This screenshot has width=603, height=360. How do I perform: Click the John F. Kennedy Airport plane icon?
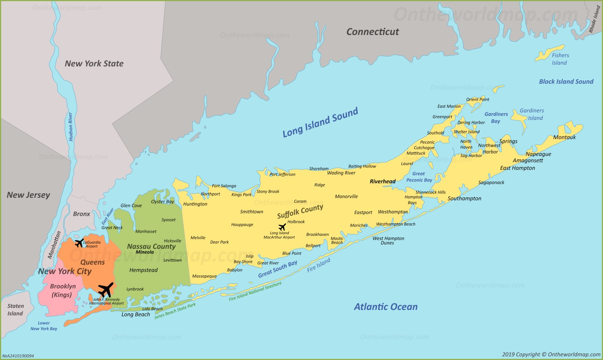pyautogui.click(x=106, y=290)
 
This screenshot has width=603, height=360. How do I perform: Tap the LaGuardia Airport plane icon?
pyautogui.click(x=79, y=243)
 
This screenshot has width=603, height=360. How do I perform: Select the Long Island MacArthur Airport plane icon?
pyautogui.click(x=282, y=227)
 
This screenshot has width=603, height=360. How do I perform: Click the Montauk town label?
pyautogui.click(x=564, y=137)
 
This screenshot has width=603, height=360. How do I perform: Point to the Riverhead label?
pyautogui.click(x=383, y=181)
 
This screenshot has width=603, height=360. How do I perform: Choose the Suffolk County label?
pyautogui.click(x=300, y=212)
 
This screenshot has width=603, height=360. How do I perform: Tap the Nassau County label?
pyautogui.click(x=151, y=246)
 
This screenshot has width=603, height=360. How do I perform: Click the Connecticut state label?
pyautogui.click(x=372, y=32)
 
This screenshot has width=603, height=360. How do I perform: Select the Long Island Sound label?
pyautogui.click(x=320, y=122)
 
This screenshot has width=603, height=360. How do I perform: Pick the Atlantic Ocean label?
pyautogui.click(x=386, y=307)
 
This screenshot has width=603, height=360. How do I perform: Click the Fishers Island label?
pyautogui.click(x=560, y=59)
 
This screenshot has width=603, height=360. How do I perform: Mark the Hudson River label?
pyautogui.click(x=71, y=127)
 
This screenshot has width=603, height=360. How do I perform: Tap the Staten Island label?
pyautogui.click(x=15, y=310)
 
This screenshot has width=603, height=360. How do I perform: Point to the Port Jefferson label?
pyautogui.click(x=282, y=174)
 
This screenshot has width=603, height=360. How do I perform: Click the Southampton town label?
pyautogui.click(x=464, y=199)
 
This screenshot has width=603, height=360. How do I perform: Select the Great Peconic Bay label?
pyautogui.click(x=419, y=177)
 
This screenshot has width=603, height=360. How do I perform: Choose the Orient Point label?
pyautogui.click(x=477, y=99)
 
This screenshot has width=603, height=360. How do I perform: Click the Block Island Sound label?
pyautogui.click(x=566, y=81)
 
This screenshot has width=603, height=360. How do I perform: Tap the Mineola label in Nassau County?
pyautogui.click(x=144, y=252)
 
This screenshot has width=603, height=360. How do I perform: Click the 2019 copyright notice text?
pyautogui.click(x=551, y=355)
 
